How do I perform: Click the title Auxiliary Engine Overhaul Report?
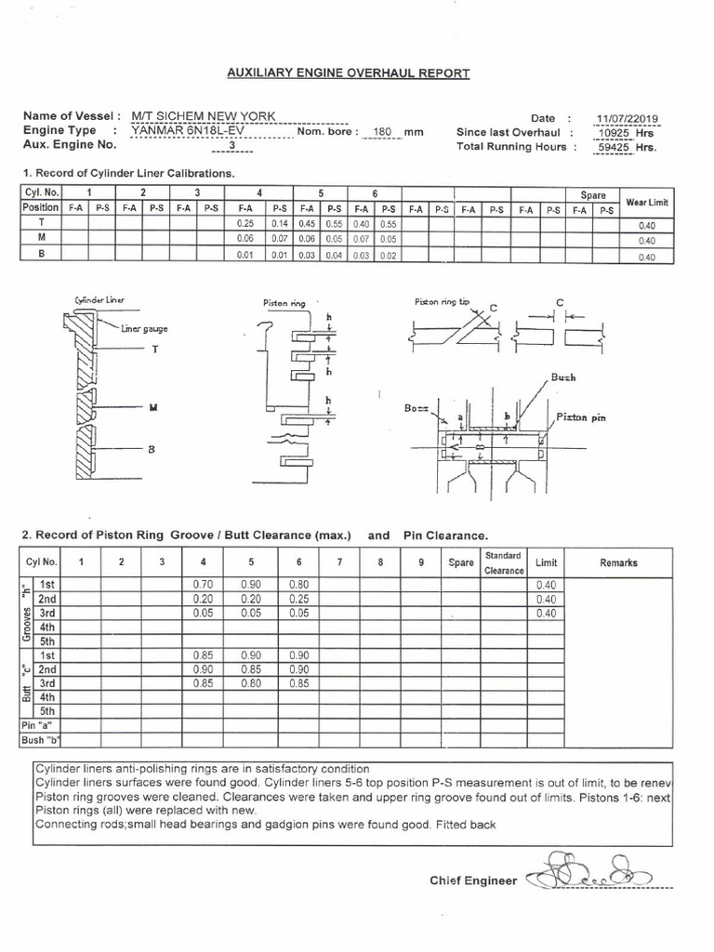[350, 74]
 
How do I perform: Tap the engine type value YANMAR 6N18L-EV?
[184, 131]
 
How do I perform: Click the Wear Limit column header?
[647, 202]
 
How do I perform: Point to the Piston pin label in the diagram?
[582, 417]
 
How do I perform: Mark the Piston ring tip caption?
[443, 302]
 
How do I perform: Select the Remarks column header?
[618, 562]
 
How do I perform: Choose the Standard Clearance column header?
[503, 562]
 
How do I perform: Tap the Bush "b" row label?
[39, 740]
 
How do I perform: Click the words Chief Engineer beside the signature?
[472, 879]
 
